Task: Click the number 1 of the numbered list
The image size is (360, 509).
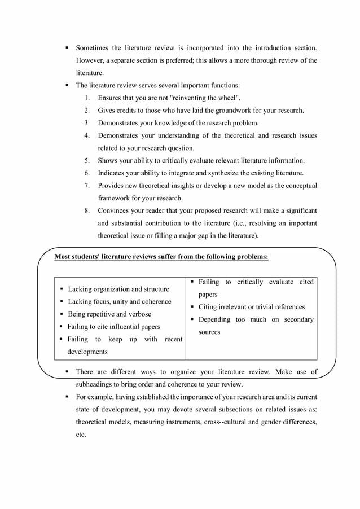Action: click(87, 98)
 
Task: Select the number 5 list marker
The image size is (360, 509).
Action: click(87, 160)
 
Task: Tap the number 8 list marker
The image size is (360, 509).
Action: click(87, 210)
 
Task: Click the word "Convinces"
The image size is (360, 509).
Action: click(115, 210)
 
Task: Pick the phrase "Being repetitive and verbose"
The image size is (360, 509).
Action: click(109, 314)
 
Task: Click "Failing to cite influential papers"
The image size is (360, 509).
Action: click(113, 326)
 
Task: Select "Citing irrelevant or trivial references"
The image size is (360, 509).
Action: click(251, 307)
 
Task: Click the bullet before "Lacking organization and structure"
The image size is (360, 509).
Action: click(61, 289)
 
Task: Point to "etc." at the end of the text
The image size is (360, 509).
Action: click(81, 435)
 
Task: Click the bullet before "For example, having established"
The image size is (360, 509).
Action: click(67, 397)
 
